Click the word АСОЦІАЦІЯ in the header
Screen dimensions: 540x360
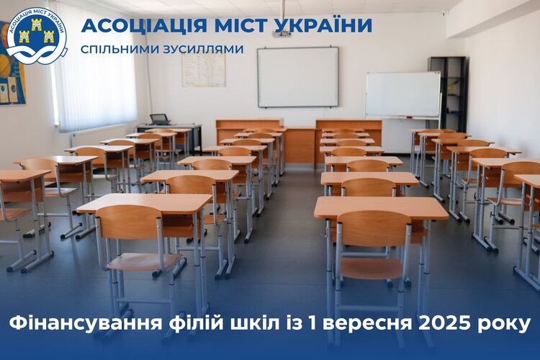coord(144,25)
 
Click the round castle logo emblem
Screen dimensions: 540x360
coord(37,36)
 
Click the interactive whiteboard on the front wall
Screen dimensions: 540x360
coord(298,77)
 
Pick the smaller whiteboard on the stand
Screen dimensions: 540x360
coord(403,94)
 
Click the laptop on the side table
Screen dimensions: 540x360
coord(159,120)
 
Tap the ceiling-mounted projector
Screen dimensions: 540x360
coord(282,33)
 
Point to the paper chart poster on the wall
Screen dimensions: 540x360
coord(204,70)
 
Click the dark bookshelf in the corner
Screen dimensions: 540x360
coord(449,94)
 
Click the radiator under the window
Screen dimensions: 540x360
coord(99,135)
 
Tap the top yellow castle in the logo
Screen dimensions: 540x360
coord(37,24)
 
